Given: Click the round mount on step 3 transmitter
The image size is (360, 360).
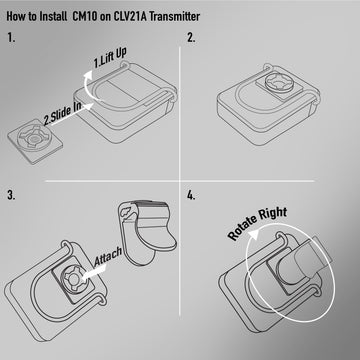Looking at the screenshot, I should (74, 279).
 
